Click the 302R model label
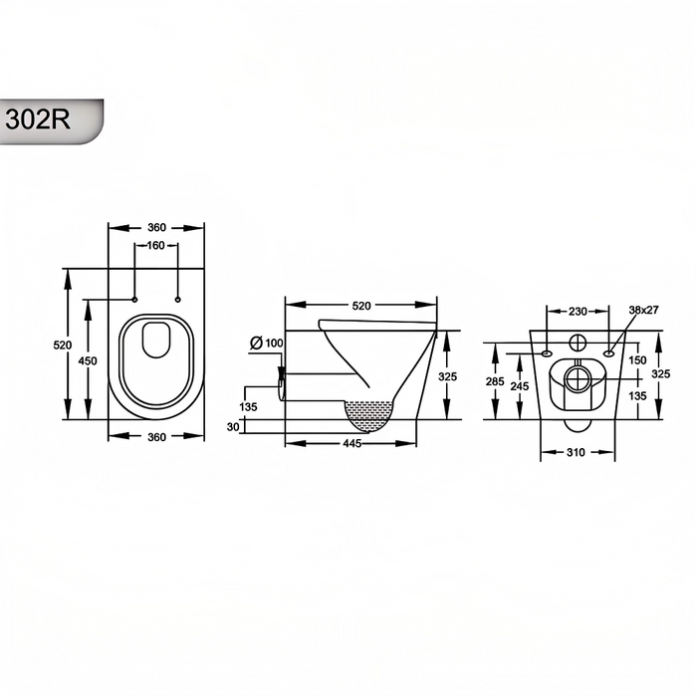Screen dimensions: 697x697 tap(38, 119)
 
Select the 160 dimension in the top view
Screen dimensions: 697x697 tap(155, 245)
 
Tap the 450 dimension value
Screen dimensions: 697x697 tap(88, 360)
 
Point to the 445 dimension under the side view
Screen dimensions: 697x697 tap(351, 443)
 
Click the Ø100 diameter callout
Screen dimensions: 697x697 tap(266, 343)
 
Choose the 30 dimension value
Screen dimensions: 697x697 tap(233, 427)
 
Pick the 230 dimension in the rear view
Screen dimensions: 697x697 tap(578, 312)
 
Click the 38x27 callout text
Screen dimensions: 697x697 tap(643, 310)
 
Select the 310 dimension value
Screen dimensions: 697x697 tap(576, 452)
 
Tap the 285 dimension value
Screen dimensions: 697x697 tap(495, 381)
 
